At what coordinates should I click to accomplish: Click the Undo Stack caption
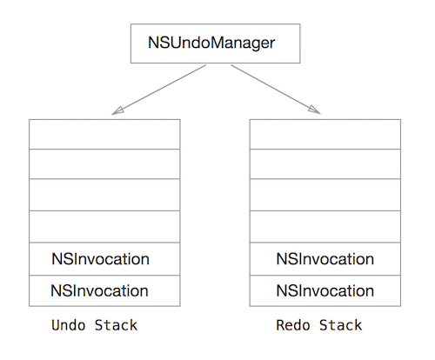(94, 325)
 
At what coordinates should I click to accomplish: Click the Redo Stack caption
(318, 325)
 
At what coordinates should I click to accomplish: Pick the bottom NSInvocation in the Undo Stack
(104, 290)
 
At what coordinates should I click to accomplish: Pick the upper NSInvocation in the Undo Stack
(104, 259)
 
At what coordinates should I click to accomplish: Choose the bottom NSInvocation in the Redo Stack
(325, 290)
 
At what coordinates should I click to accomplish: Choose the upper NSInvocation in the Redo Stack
(325, 259)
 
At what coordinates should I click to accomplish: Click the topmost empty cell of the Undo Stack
(104, 134)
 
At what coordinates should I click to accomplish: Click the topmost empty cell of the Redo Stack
(325, 134)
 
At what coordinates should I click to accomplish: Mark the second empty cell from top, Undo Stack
(104, 164)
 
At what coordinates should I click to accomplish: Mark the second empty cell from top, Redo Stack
(325, 164)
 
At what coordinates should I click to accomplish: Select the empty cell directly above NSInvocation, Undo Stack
(104, 227)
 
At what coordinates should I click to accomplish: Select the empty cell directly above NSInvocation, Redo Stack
(325, 227)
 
